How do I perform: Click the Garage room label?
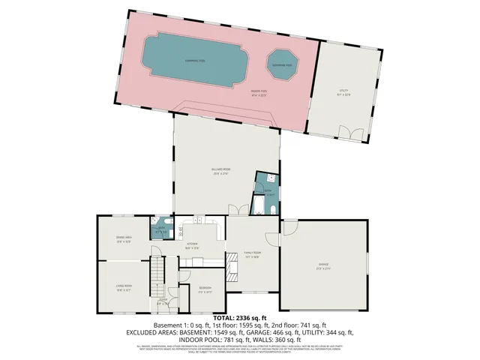tap(324, 264)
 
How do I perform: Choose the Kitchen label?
tap(192, 244)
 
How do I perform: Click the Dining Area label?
tap(124, 239)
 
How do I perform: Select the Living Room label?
tap(124, 286)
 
